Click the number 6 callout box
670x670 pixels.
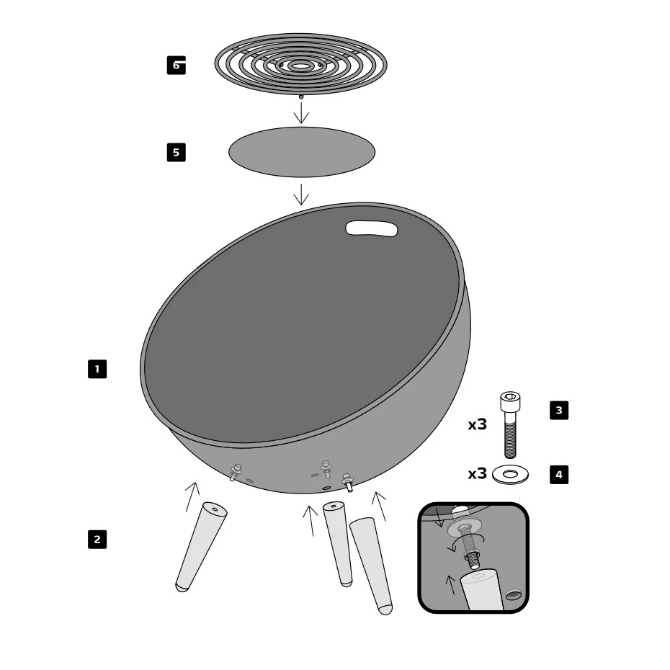(x=176, y=66)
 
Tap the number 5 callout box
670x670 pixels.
(x=176, y=152)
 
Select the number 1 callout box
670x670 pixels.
(x=97, y=369)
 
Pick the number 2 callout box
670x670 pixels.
(x=97, y=540)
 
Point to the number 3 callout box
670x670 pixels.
(x=559, y=410)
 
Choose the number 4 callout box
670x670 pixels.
(x=559, y=474)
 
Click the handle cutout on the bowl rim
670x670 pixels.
(x=371, y=228)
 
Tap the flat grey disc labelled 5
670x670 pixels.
(x=302, y=152)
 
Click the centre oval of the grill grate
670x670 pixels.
(x=301, y=66)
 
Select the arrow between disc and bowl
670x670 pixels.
(x=301, y=195)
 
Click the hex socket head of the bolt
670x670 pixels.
(x=510, y=401)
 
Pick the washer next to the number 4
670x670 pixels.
(x=510, y=475)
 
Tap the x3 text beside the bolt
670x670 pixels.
(x=478, y=424)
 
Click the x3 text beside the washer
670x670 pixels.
(x=478, y=473)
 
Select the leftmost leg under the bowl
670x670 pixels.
(x=201, y=547)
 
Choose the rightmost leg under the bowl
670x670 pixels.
(x=371, y=566)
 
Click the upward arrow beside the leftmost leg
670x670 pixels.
(x=192, y=497)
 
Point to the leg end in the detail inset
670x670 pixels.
(x=481, y=589)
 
